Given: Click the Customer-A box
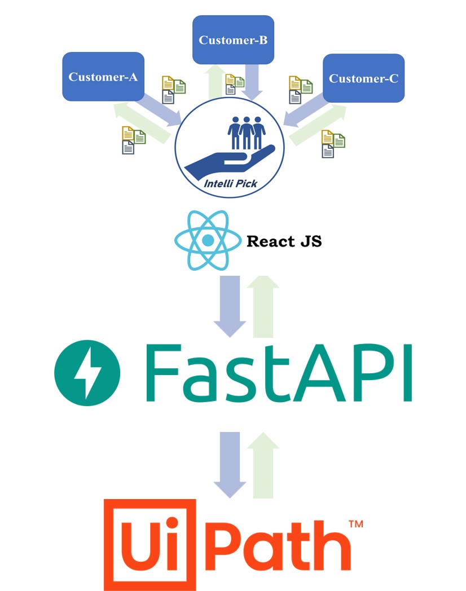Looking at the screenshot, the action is pos(103,77).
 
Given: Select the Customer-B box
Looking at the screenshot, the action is pos(233,39).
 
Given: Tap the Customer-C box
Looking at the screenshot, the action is pos(363,78).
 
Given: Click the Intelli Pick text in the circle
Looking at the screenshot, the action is pos(230,183).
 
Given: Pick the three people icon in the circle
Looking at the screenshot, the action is pos(247,133).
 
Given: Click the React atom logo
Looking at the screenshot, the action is pos(208,240).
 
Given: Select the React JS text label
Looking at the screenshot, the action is pos(284,241).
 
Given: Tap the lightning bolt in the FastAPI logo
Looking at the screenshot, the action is pos(87,373).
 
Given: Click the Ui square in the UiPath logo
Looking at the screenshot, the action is pos(150,545).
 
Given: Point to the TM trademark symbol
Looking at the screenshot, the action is pos(356,524).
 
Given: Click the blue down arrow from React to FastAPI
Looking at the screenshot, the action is pos(230,306).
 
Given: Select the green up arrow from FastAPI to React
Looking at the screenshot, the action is pos(263,306).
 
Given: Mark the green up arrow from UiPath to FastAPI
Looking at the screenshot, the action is pos(263,465).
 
